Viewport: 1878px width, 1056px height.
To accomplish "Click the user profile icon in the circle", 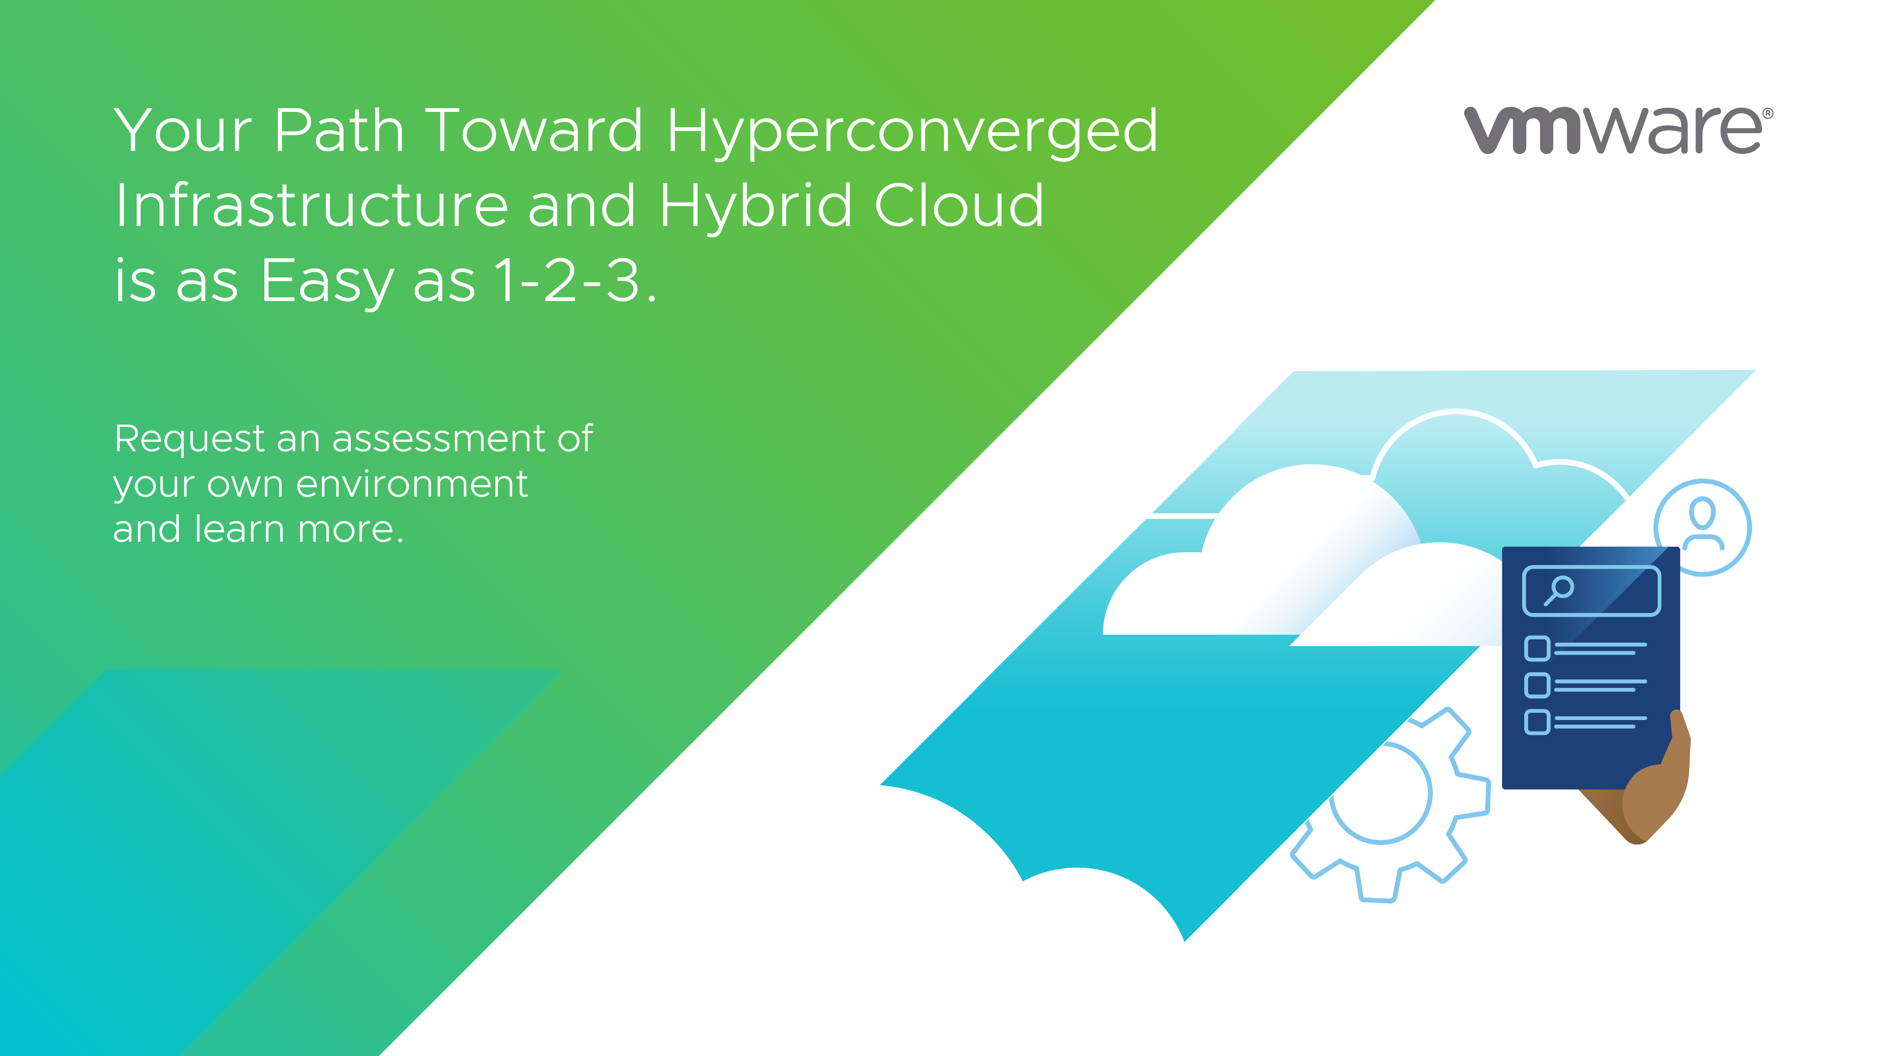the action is point(1702,527).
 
